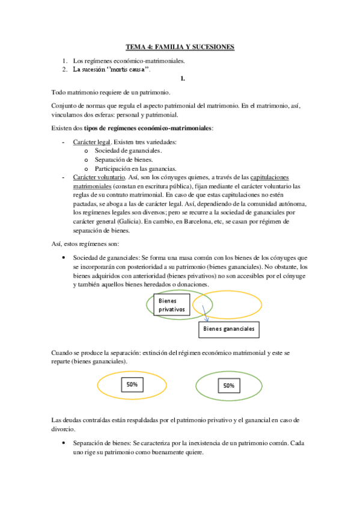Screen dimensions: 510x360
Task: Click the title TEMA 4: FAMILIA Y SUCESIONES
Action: click(180, 46)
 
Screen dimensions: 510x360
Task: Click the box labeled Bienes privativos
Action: click(171, 304)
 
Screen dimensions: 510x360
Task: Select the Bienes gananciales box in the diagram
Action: click(228, 329)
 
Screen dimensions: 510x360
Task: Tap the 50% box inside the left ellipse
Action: click(132, 384)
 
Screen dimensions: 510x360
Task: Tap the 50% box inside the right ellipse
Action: click(228, 385)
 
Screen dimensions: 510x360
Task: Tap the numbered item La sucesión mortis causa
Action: click(111, 69)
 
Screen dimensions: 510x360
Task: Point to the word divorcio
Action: click(64, 429)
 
